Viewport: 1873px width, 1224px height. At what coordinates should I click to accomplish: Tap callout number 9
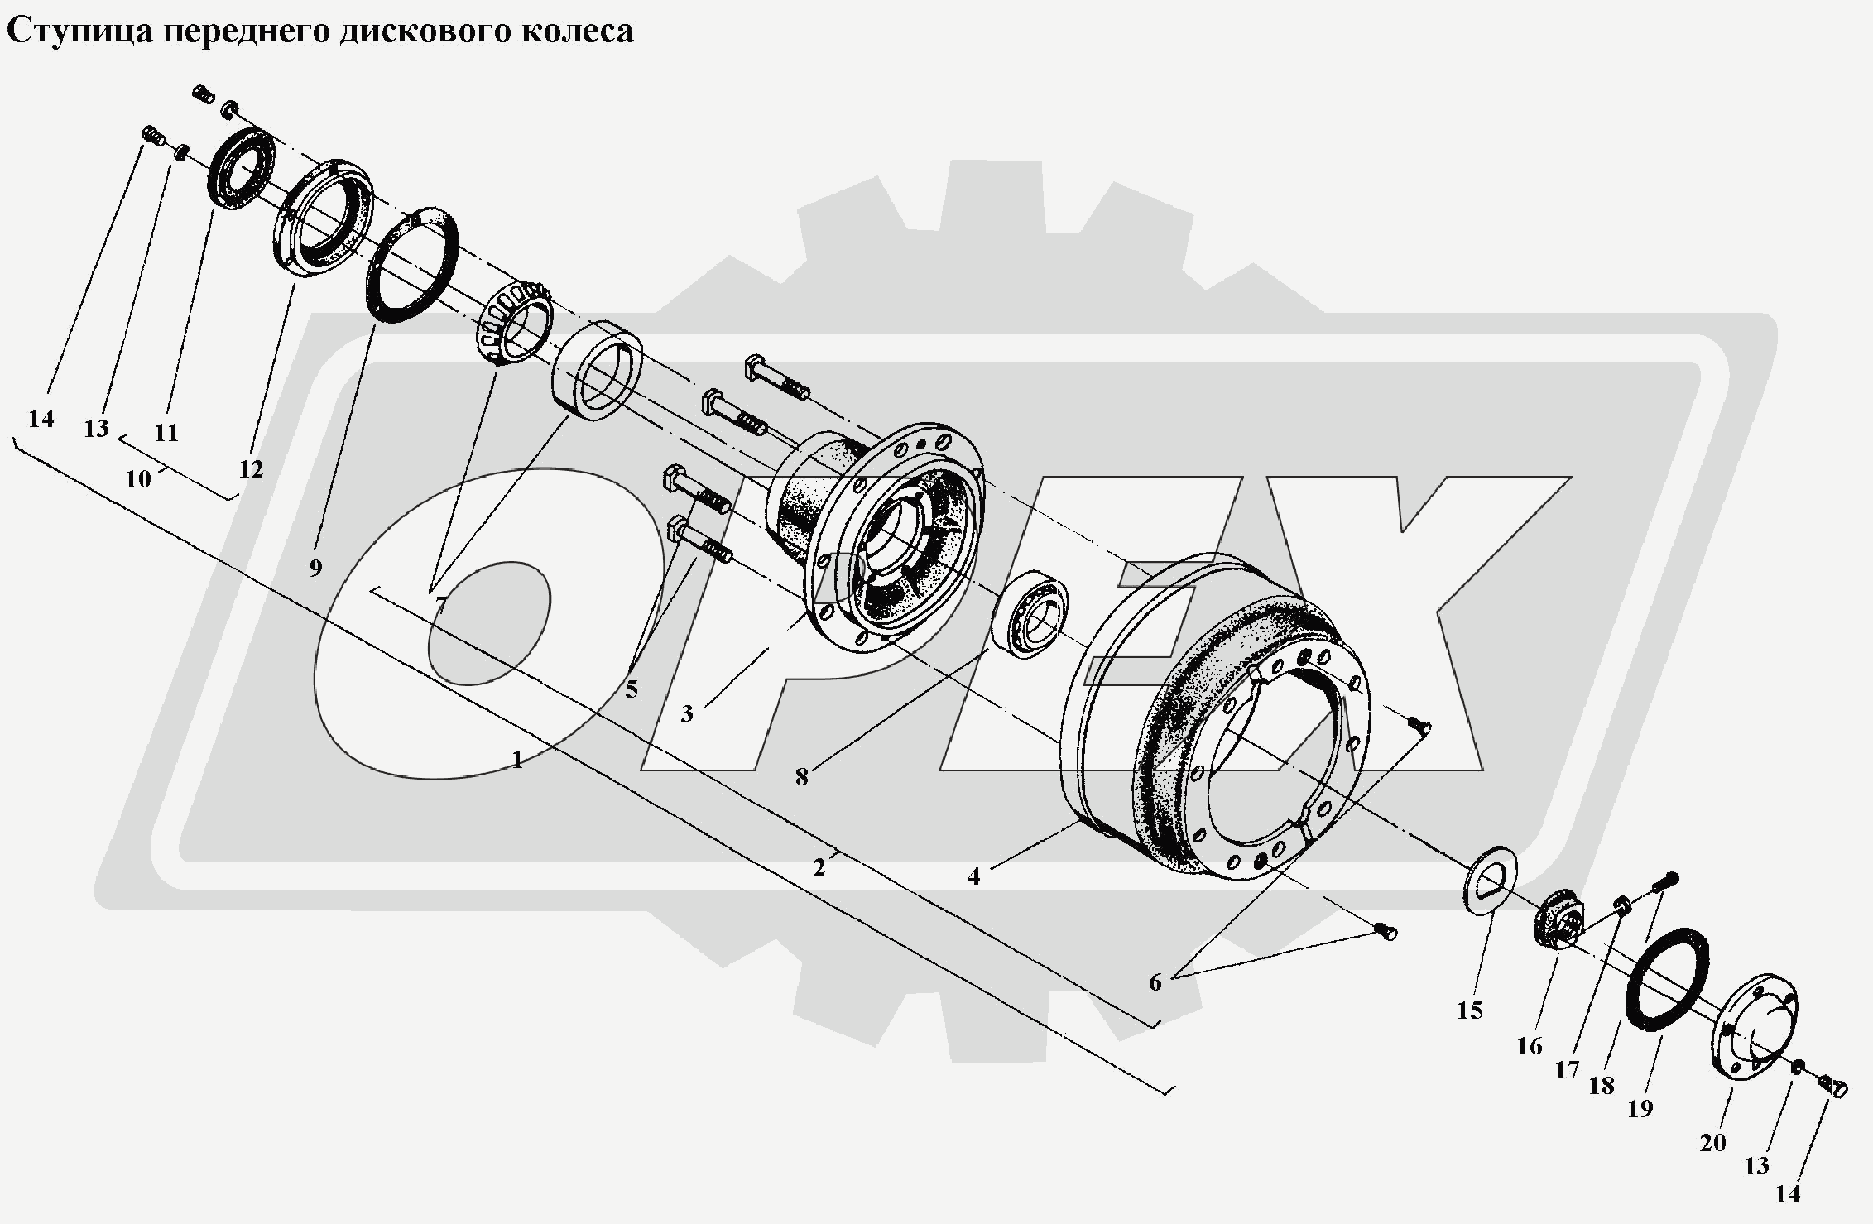pyautogui.click(x=315, y=569)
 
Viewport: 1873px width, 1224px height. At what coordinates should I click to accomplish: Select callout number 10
pyautogui.click(x=138, y=478)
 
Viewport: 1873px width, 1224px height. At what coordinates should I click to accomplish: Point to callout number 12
pyautogui.click(x=250, y=469)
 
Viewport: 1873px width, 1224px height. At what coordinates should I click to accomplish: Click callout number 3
pyautogui.click(x=687, y=713)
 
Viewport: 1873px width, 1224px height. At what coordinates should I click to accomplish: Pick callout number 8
pyautogui.click(x=801, y=777)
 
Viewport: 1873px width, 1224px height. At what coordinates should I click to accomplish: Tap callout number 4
pyautogui.click(x=974, y=876)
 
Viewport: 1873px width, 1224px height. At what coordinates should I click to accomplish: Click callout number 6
pyautogui.click(x=1155, y=982)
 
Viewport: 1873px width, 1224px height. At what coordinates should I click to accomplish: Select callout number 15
pyautogui.click(x=1470, y=1010)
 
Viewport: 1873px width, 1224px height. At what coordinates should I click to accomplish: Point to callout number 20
pyautogui.click(x=1712, y=1143)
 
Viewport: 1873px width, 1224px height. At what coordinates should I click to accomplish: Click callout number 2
pyautogui.click(x=819, y=867)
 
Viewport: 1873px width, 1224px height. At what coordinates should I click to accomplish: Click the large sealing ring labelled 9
pyautogui.click(x=412, y=265)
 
